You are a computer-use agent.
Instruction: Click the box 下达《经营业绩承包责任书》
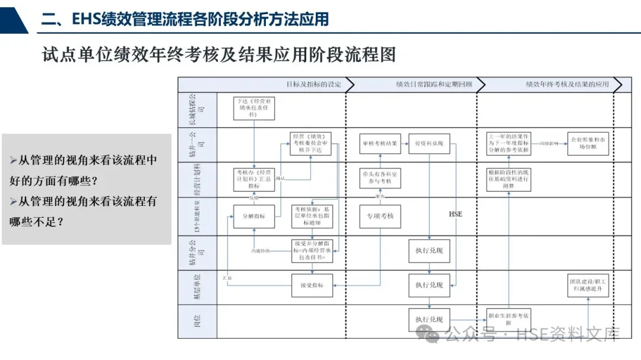253,107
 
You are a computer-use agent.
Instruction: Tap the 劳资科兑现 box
429,144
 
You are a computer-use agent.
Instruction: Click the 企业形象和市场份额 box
588,144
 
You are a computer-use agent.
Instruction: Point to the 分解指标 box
253,216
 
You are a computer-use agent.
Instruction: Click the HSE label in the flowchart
455,214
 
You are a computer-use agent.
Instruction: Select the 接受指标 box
311,285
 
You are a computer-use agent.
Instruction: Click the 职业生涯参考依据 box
509,319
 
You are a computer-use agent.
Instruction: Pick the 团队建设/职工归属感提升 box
588,285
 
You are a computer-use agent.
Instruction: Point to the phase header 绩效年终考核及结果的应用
567,85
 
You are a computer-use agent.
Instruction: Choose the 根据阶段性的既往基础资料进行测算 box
509,178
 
